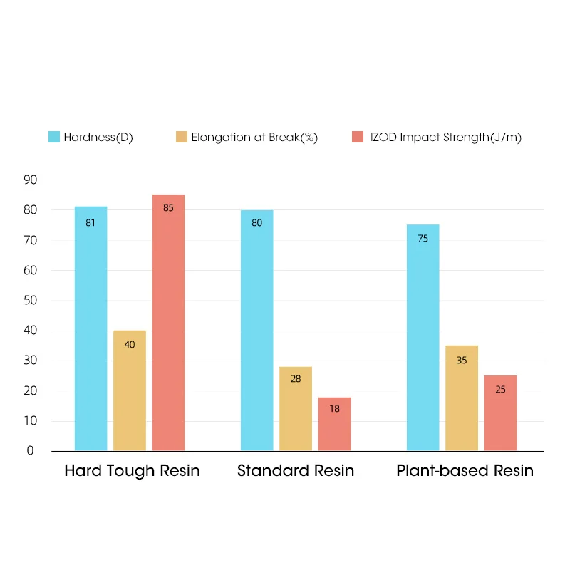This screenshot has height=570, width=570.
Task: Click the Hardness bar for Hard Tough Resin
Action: pyautogui.click(x=90, y=328)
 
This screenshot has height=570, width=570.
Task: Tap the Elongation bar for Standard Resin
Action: pyautogui.click(x=296, y=408)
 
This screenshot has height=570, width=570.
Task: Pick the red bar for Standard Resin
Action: pyautogui.click(x=334, y=424)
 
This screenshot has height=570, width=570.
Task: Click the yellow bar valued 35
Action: pyautogui.click(x=462, y=398)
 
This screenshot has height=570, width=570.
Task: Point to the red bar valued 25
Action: pyautogui.click(x=500, y=413)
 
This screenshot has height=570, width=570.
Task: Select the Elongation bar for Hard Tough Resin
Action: pyautogui.click(x=130, y=390)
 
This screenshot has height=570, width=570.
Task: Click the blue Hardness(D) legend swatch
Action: pyautogui.click(x=54, y=137)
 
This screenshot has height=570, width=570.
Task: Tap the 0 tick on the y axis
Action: pyautogui.click(x=31, y=450)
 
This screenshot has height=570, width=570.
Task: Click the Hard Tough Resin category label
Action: pyautogui.click(x=132, y=471)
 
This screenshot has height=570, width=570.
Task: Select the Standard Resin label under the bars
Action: pyautogui.click(x=296, y=471)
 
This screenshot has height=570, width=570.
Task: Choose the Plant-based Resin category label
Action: pyautogui.click(x=465, y=471)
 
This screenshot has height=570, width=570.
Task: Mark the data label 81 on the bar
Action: pyautogui.click(x=90, y=223)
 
